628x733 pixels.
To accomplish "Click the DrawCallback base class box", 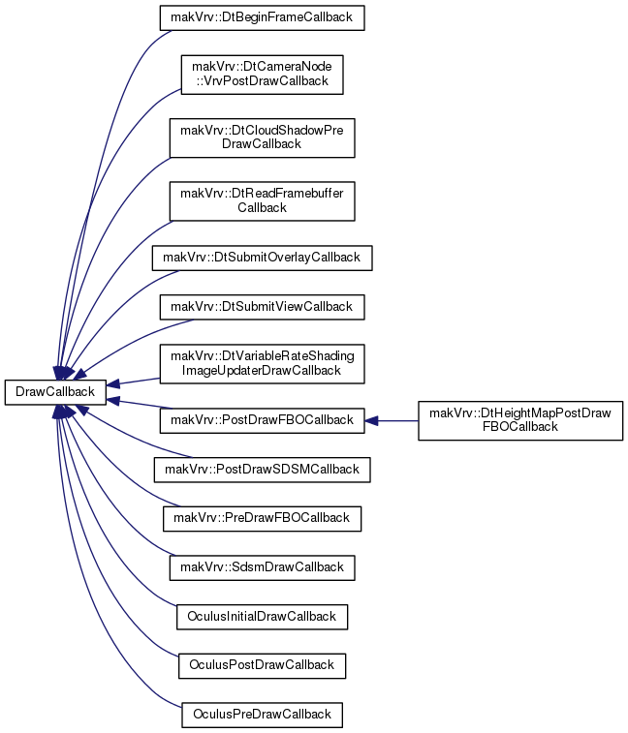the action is point(55,392).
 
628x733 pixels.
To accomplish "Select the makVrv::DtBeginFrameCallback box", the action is point(262,17).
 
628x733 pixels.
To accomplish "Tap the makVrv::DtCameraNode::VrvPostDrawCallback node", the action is point(262,75).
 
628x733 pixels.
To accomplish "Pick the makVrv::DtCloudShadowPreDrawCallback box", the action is point(262,137).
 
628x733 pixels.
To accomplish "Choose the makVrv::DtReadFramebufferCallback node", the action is point(262,201).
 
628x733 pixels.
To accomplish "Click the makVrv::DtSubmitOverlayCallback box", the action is point(262,258).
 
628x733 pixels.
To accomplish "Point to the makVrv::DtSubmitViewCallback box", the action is point(262,307).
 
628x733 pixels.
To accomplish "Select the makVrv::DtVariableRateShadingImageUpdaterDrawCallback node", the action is point(262,364).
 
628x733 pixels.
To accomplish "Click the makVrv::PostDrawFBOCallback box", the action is point(262,420).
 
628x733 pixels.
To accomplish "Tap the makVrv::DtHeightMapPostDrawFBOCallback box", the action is point(520,420).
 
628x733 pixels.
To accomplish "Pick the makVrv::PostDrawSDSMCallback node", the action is point(262,470).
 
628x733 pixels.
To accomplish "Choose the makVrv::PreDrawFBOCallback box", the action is point(262,518).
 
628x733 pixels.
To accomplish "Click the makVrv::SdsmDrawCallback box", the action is point(262,568).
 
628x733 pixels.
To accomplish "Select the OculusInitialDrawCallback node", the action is point(262,617).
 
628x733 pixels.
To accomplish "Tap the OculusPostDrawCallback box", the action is point(262,665).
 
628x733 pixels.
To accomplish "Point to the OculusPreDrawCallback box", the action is point(262,715).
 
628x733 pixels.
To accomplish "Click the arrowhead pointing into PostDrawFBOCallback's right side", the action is point(371,421).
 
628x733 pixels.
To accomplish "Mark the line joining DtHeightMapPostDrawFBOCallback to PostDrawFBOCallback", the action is point(392,421).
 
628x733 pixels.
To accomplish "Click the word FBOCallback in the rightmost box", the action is point(520,427).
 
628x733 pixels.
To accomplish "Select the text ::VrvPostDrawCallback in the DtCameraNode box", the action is point(262,81).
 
